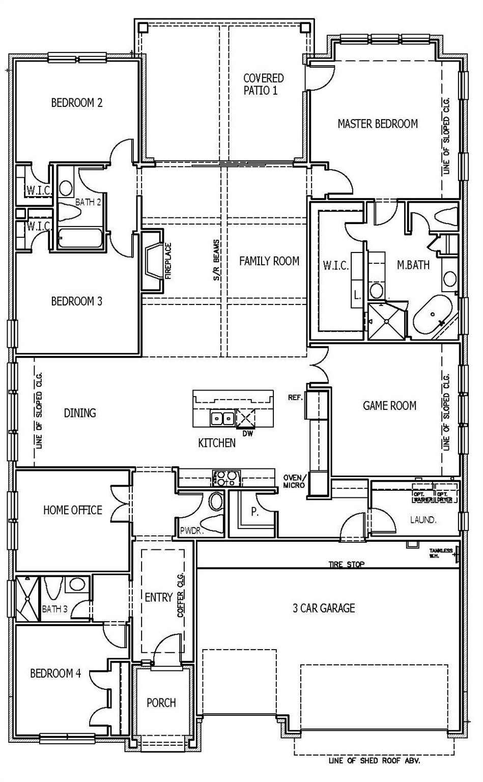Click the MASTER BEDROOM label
(378, 124)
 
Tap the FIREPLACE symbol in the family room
(153, 261)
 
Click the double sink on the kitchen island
(222, 418)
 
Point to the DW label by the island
(248, 434)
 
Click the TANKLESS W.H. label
(441, 553)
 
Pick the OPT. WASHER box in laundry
(422, 497)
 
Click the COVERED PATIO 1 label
(263, 84)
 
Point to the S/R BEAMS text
(216, 261)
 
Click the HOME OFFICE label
(72, 510)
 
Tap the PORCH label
(161, 703)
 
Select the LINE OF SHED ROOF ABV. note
(374, 762)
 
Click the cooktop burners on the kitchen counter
(224, 478)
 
